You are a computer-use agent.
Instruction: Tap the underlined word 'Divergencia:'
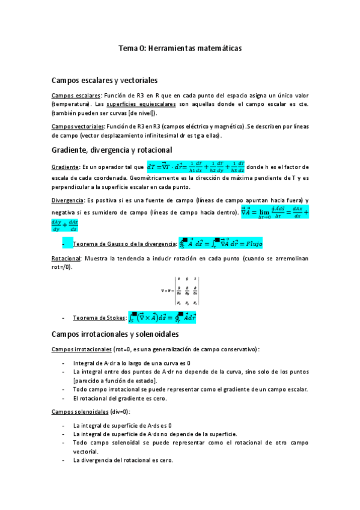(x=69, y=200)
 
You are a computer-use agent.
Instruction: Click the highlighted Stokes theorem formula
(x=163, y=317)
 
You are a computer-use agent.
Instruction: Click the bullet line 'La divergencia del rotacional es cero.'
(x=123, y=460)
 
